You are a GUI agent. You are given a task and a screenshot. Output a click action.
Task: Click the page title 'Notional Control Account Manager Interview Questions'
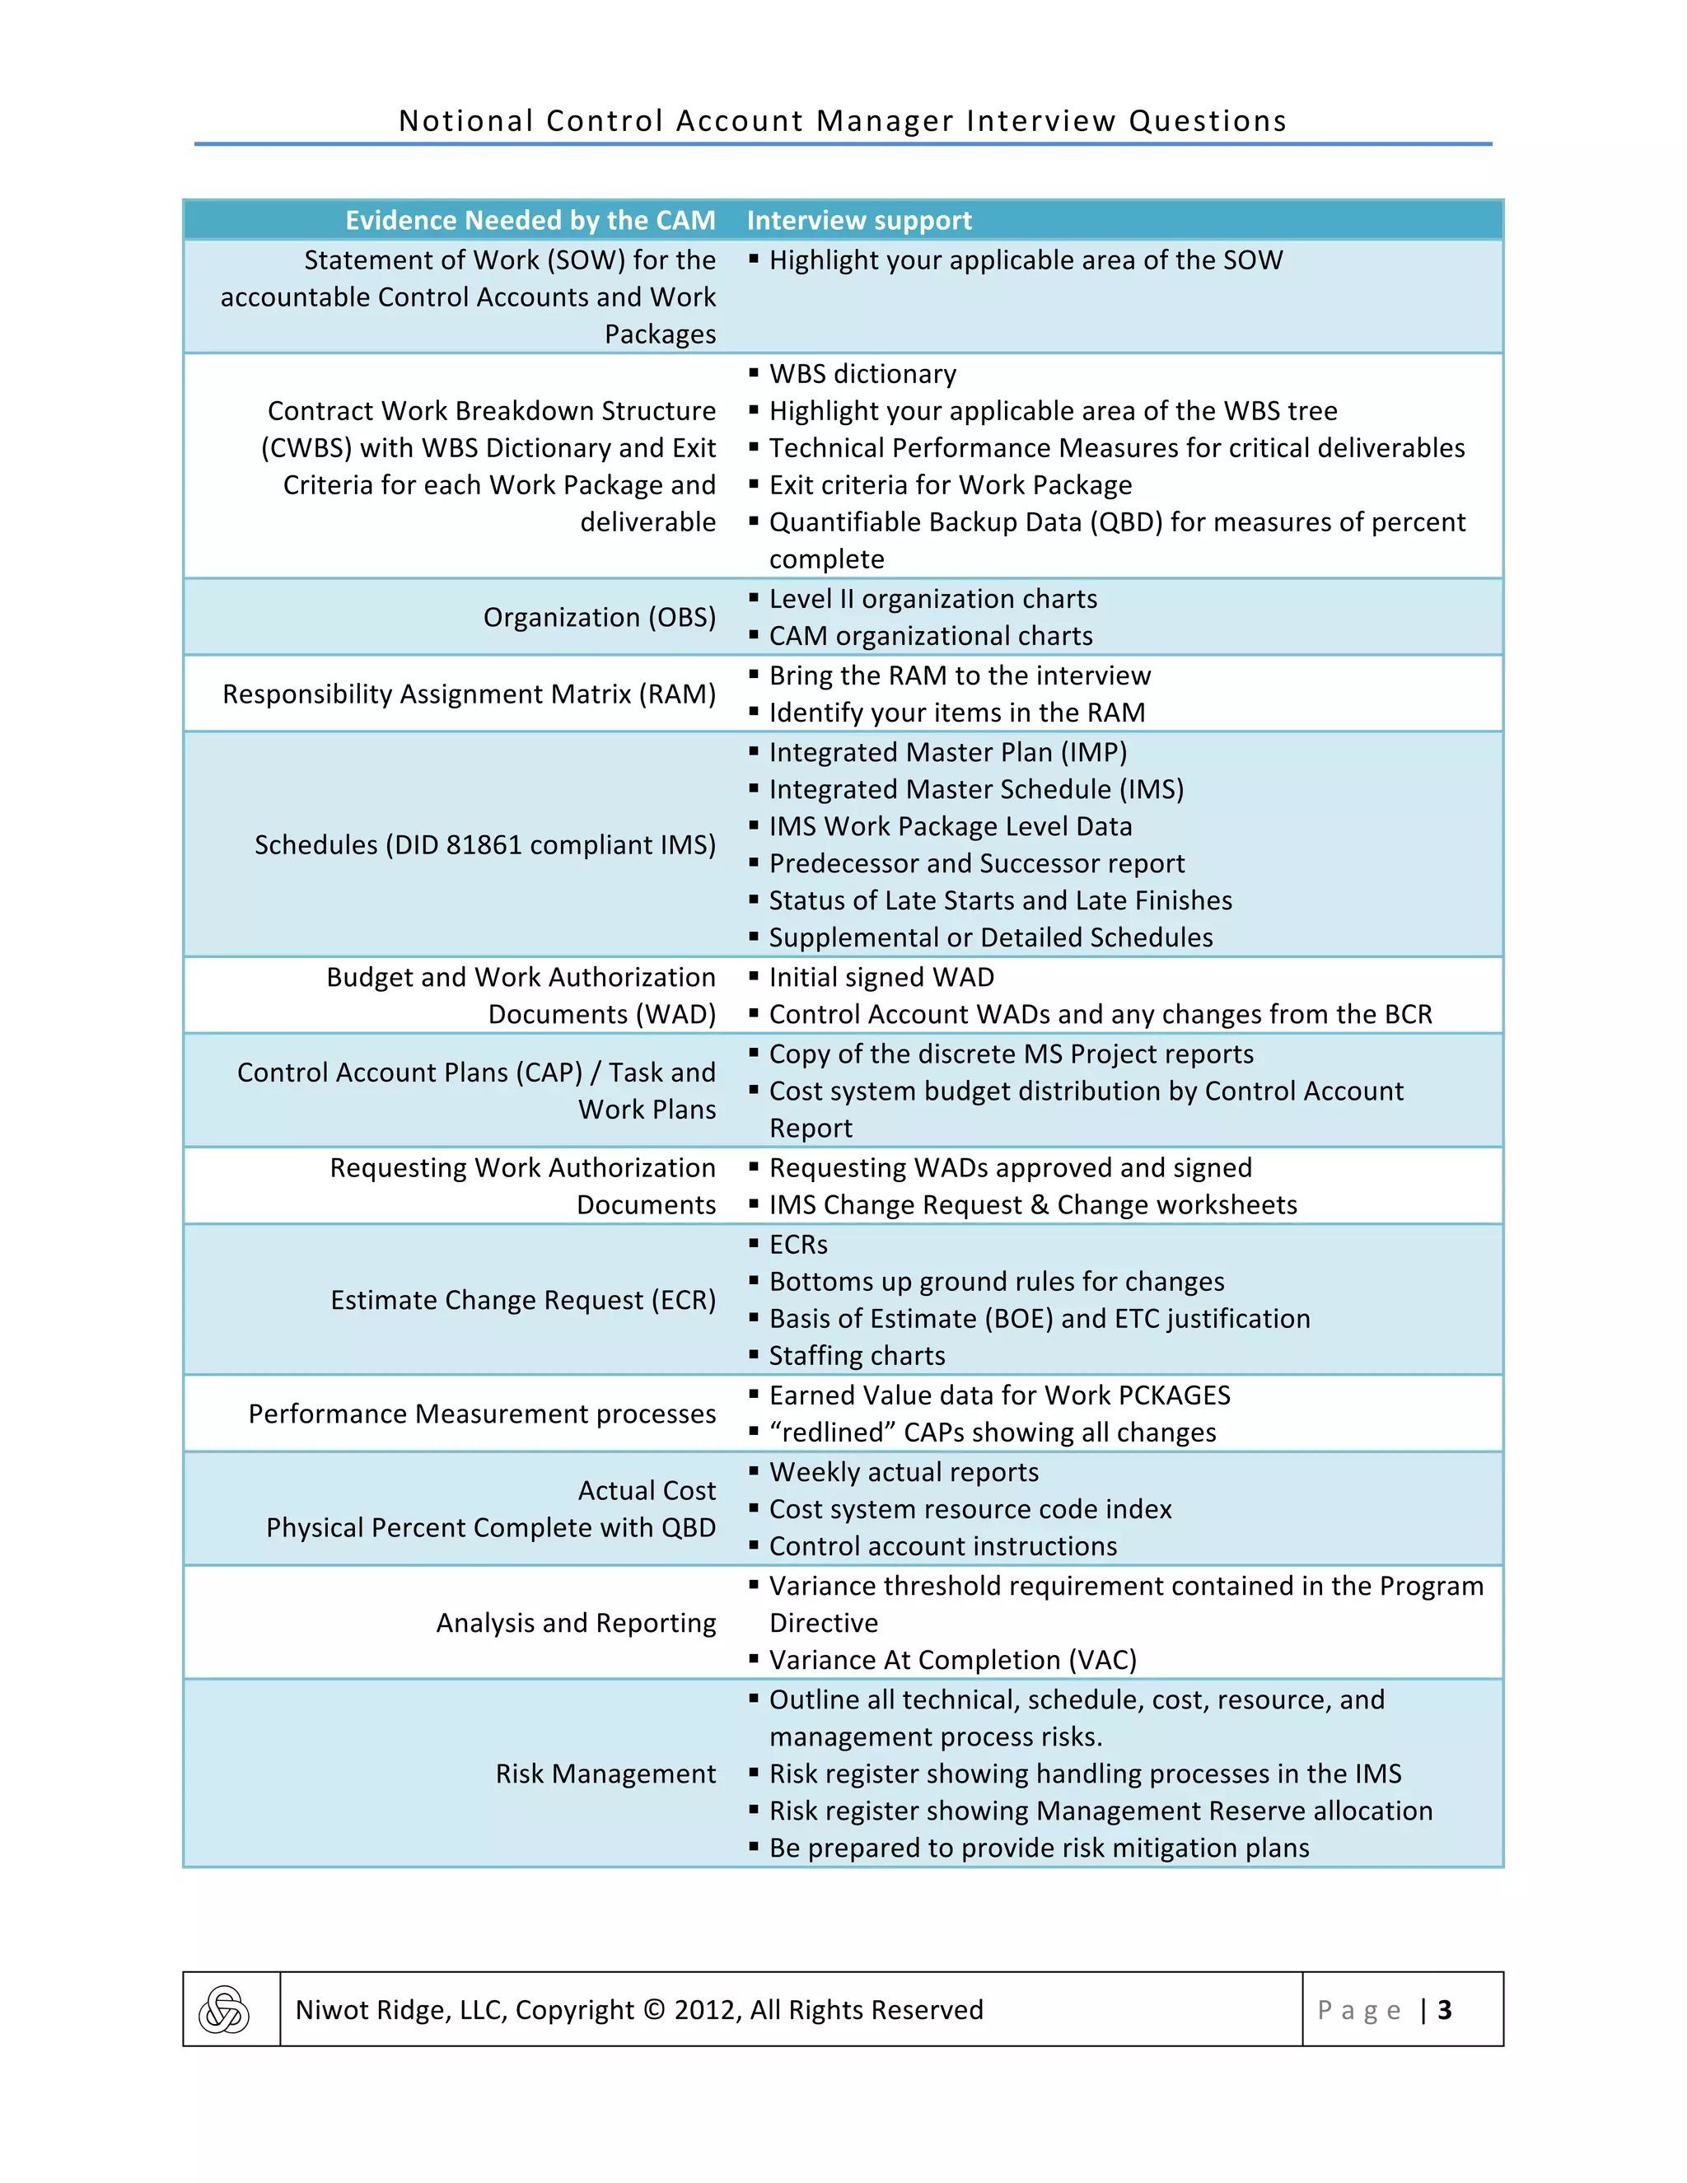[x=843, y=121]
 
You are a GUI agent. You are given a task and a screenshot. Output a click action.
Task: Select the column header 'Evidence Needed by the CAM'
[x=530, y=220]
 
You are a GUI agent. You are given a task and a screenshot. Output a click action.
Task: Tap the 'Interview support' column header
[x=858, y=220]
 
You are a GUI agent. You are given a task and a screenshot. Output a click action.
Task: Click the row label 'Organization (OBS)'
[x=599, y=617]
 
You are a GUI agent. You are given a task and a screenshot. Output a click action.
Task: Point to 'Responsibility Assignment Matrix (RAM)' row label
[x=469, y=694]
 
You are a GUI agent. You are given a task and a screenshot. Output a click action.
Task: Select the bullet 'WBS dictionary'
[x=862, y=374]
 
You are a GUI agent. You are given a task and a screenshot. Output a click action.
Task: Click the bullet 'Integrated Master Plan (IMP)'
[x=947, y=751]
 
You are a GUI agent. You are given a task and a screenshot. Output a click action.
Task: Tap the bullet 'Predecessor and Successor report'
[x=975, y=862]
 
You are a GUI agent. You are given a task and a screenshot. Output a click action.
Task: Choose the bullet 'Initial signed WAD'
[x=881, y=976]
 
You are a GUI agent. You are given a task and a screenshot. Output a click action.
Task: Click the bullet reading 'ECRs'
[x=797, y=1245]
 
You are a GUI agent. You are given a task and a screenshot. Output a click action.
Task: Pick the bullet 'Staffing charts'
[x=857, y=1355]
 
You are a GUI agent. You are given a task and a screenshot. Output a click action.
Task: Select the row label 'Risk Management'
[x=605, y=1774]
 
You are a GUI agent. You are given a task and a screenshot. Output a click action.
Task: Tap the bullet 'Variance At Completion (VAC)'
[x=952, y=1659]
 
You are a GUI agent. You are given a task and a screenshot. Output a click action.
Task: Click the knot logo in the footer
[x=224, y=2009]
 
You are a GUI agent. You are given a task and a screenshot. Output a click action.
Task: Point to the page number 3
[x=1443, y=2010]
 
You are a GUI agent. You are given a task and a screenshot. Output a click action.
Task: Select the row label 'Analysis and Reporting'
[x=576, y=1622]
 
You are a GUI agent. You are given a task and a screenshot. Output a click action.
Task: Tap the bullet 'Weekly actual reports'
[x=904, y=1471]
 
